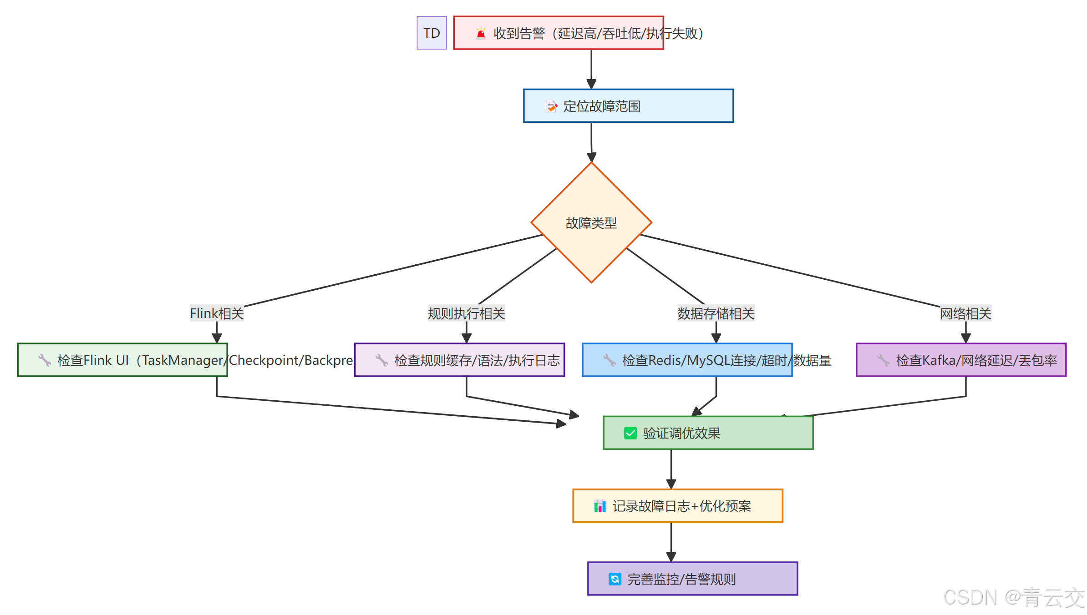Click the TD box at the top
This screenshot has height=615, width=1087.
(x=432, y=33)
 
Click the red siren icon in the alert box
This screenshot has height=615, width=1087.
(x=481, y=33)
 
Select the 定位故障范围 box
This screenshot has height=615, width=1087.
(x=628, y=106)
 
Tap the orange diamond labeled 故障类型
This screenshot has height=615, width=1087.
(x=591, y=222)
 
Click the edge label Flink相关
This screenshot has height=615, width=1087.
(x=217, y=313)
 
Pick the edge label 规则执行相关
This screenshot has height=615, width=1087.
(x=466, y=313)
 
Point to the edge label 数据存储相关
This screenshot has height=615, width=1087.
(x=716, y=313)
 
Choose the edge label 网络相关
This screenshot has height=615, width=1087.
(x=965, y=313)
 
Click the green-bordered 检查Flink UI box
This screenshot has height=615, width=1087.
(x=122, y=360)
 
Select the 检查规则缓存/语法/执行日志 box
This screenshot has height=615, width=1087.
(x=459, y=360)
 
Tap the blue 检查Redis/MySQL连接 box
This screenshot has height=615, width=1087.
(x=687, y=360)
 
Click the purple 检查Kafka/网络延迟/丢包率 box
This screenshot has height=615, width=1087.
(x=961, y=360)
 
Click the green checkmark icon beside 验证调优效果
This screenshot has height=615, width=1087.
(x=630, y=433)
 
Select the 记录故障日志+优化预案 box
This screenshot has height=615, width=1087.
(x=677, y=506)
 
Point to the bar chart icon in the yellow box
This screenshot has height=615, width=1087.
(x=600, y=506)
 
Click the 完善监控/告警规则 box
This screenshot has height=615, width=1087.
(x=692, y=579)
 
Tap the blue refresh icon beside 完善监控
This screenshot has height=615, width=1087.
(x=615, y=579)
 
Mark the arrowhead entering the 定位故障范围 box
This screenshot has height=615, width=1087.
(x=591, y=84)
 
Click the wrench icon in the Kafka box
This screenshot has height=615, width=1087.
(x=883, y=360)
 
